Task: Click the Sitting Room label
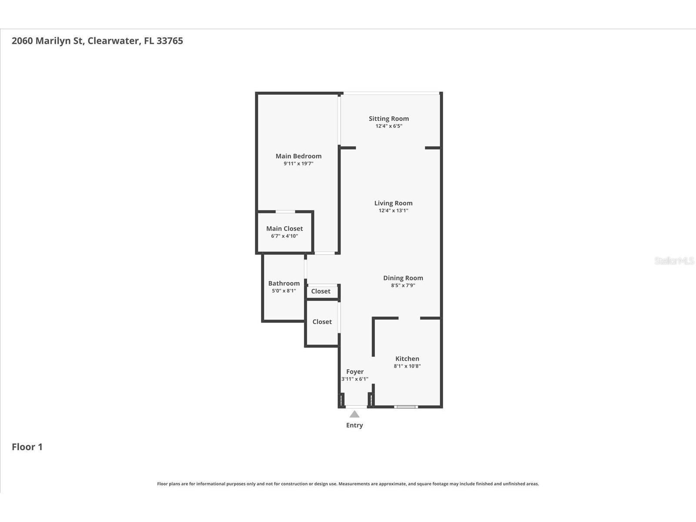(x=388, y=118)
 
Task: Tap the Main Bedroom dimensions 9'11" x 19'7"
(x=298, y=164)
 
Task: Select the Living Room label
(x=393, y=203)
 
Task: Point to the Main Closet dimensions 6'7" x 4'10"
(x=284, y=236)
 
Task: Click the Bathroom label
(x=284, y=283)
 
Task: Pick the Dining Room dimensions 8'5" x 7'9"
(x=403, y=285)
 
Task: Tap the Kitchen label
(x=407, y=358)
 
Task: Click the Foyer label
(x=355, y=371)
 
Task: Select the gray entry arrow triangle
(x=355, y=414)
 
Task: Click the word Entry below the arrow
(x=355, y=425)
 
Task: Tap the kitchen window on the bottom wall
(x=406, y=407)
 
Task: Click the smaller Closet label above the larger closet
(x=321, y=291)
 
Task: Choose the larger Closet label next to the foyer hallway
(x=322, y=322)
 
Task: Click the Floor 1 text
(x=27, y=447)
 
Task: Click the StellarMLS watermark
(x=674, y=261)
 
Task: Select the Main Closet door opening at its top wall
(x=285, y=212)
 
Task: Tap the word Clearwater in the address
(x=113, y=41)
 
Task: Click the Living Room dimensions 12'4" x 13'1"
(x=393, y=211)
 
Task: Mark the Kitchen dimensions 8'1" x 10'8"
(x=407, y=366)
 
